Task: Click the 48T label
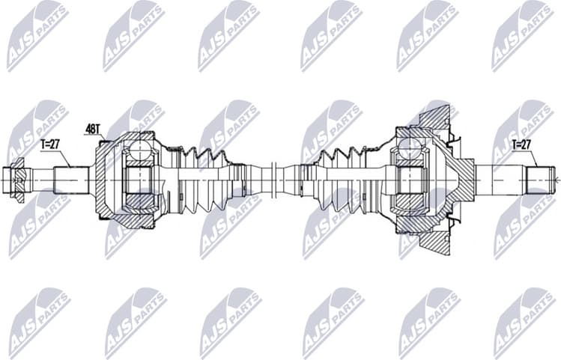tap(93, 129)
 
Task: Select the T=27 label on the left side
tap(50, 144)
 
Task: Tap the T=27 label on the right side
tap(522, 144)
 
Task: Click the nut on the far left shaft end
tap(19, 179)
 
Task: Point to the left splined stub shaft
tap(72, 180)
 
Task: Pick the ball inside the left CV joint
tap(139, 153)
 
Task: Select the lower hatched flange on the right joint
tap(435, 239)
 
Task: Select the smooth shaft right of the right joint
tap(498, 180)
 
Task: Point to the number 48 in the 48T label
tap(90, 129)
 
